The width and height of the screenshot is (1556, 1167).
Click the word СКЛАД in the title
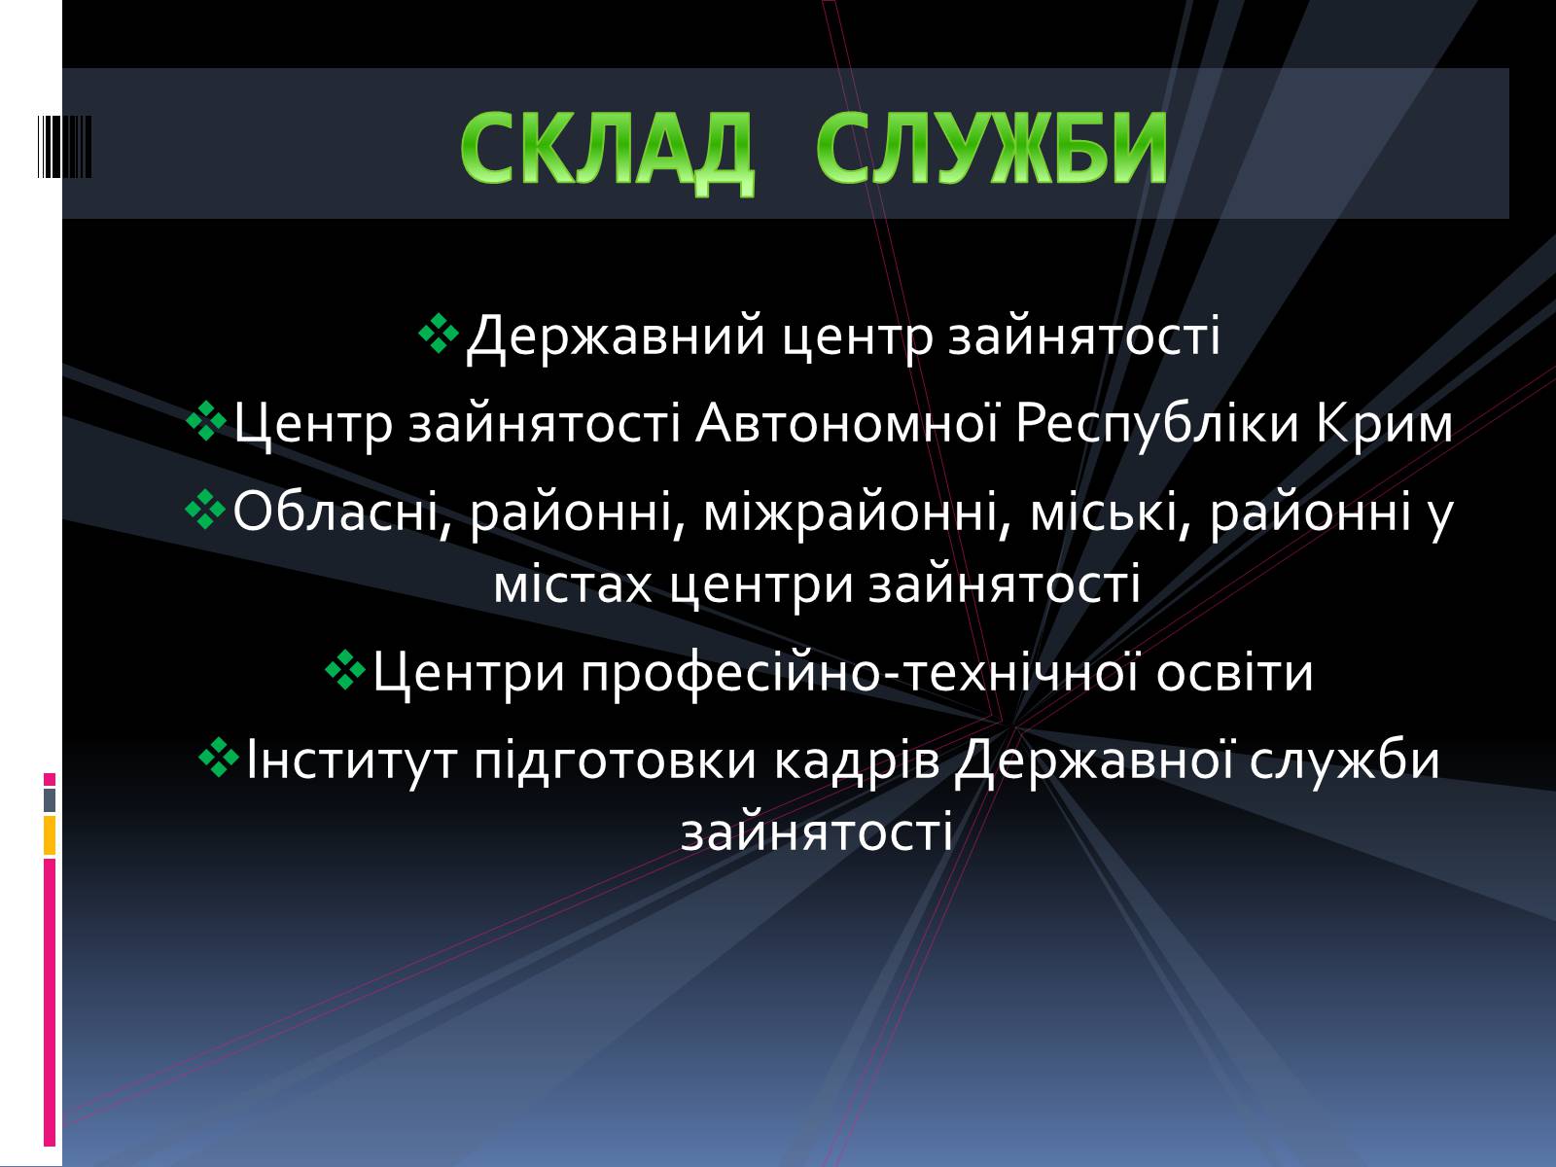click(x=606, y=149)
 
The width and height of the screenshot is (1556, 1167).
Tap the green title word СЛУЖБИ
click(x=991, y=149)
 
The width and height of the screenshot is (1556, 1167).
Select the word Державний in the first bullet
click(x=616, y=336)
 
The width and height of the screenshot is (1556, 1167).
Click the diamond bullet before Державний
click(x=439, y=333)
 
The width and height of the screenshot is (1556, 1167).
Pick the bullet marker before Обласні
click(x=205, y=509)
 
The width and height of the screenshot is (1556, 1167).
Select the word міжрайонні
click(x=857, y=512)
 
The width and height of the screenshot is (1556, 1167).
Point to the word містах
click(x=573, y=585)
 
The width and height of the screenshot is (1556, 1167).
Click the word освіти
click(x=1235, y=672)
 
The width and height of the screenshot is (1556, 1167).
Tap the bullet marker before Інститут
click(x=219, y=758)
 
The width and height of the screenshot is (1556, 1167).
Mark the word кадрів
click(x=857, y=761)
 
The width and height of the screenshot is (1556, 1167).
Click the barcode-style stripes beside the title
click(x=64, y=147)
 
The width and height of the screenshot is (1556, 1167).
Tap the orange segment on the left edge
click(x=50, y=835)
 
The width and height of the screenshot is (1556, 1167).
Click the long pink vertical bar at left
click(x=50, y=1003)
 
